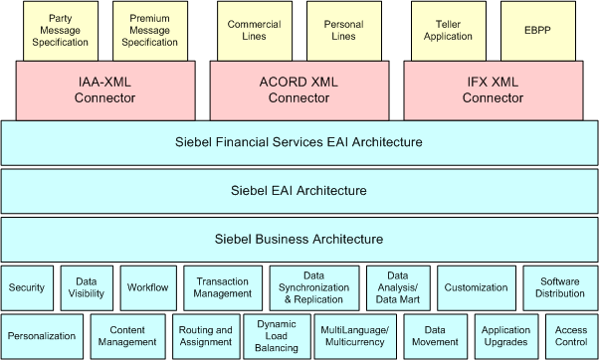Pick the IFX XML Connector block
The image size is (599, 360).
click(493, 90)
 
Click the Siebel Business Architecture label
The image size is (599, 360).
click(299, 239)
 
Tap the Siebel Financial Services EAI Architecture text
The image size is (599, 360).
click(299, 142)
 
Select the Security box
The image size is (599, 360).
click(27, 287)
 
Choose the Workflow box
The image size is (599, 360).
click(147, 287)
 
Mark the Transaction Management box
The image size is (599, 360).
click(223, 287)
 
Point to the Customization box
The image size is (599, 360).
click(475, 287)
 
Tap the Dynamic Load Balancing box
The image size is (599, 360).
click(277, 336)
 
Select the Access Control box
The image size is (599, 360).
click(571, 336)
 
